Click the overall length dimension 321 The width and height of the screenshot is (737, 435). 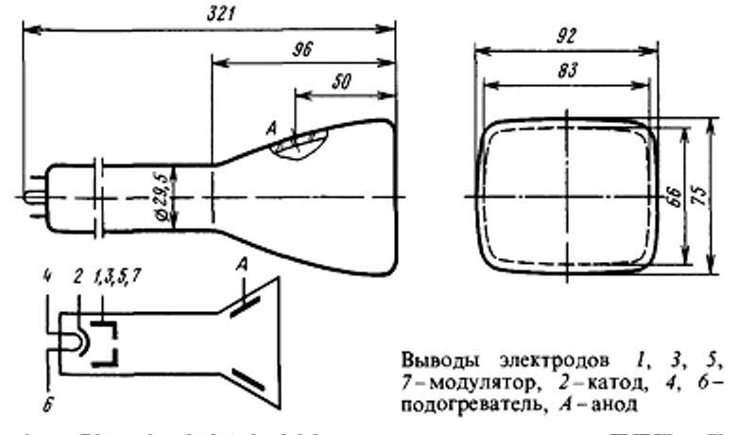[223, 15]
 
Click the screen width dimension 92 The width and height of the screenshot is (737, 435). [565, 39]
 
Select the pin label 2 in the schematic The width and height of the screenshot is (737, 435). [78, 277]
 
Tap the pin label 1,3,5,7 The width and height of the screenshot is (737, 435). [114, 277]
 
